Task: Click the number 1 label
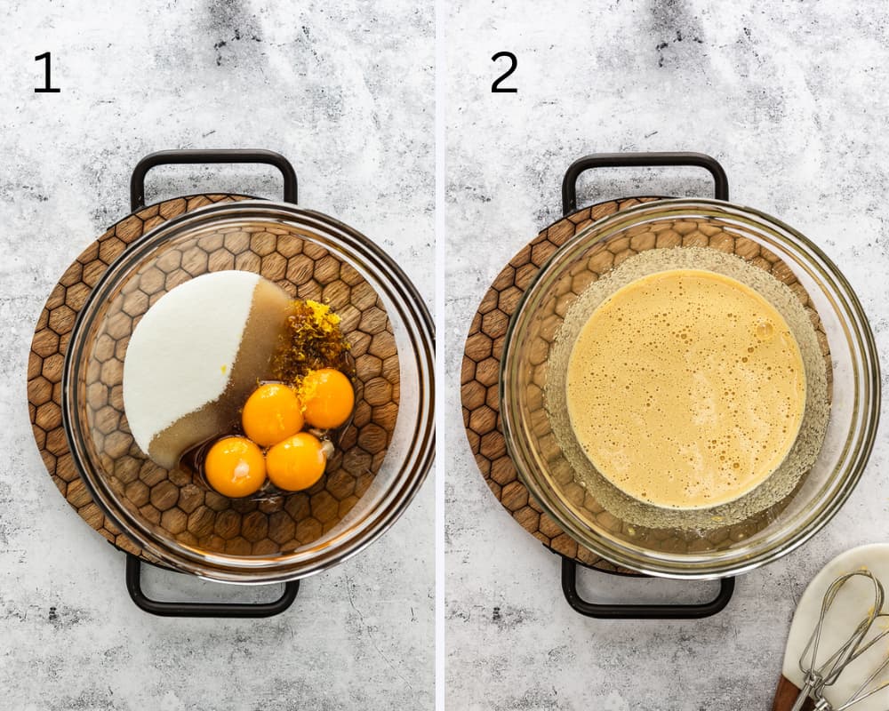coord(46,73)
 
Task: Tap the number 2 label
coord(503,73)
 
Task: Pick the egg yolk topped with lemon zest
coord(327,398)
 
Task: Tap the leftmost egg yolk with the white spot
coord(235,467)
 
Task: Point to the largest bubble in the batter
coord(763,331)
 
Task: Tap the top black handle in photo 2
coord(645,162)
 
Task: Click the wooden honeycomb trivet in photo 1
coord(53,355)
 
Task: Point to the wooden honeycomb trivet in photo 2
coord(485,373)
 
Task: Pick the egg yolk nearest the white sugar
coord(272,414)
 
